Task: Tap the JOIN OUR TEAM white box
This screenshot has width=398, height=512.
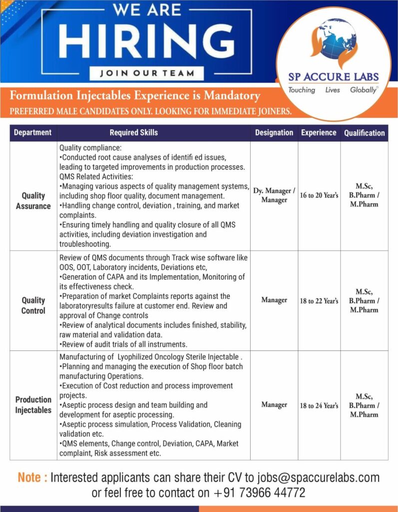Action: coord(147,73)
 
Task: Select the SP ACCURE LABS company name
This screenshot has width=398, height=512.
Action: coord(333,77)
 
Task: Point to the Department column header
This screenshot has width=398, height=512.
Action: coord(33,132)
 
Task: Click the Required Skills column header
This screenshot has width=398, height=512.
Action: coord(133,132)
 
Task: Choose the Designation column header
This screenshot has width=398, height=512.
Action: coord(274,132)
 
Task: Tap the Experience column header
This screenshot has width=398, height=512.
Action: coord(319,132)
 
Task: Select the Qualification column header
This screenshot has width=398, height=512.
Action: coord(364,133)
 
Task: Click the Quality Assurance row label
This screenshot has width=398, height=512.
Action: coord(33,200)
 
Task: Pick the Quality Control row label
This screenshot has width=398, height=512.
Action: coord(33,305)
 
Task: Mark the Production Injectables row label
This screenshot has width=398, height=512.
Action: coord(33,404)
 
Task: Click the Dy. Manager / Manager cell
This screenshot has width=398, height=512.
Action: coord(274,195)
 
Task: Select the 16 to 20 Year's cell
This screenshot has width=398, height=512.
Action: coord(319,195)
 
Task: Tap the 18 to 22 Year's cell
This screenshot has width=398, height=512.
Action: coord(319,301)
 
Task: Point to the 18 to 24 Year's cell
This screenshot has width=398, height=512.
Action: coord(319,405)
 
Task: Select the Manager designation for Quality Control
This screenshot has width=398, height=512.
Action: coord(274,300)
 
